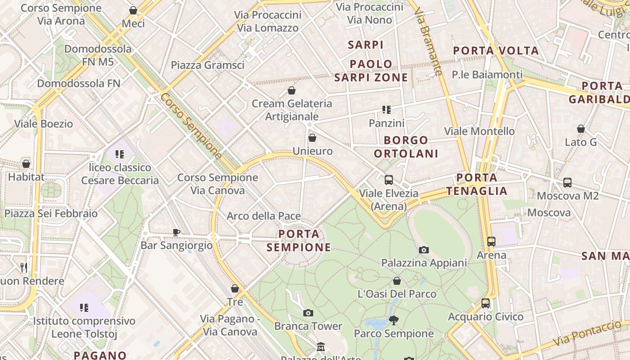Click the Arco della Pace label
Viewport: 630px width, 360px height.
point(264,216)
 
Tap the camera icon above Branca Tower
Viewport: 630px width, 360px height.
point(308,313)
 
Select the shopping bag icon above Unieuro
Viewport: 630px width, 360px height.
point(312,138)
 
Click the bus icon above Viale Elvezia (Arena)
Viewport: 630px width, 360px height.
point(389,180)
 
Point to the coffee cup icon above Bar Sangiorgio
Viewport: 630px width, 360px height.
point(176,232)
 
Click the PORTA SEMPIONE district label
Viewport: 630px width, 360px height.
point(299,241)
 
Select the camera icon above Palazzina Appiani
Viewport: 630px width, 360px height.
point(424,250)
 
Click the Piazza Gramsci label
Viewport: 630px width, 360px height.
point(207,65)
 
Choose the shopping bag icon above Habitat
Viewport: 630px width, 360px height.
point(26,164)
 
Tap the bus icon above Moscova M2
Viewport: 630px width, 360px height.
point(567,183)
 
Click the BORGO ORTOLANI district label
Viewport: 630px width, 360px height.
point(406,147)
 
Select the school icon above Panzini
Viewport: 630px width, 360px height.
point(386,109)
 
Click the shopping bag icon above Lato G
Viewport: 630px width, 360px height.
point(581,129)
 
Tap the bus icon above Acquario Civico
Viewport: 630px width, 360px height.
point(486,303)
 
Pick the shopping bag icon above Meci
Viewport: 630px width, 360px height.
point(133,10)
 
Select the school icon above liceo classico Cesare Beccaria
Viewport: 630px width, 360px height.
point(120,154)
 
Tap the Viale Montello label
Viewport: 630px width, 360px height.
point(479,131)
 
